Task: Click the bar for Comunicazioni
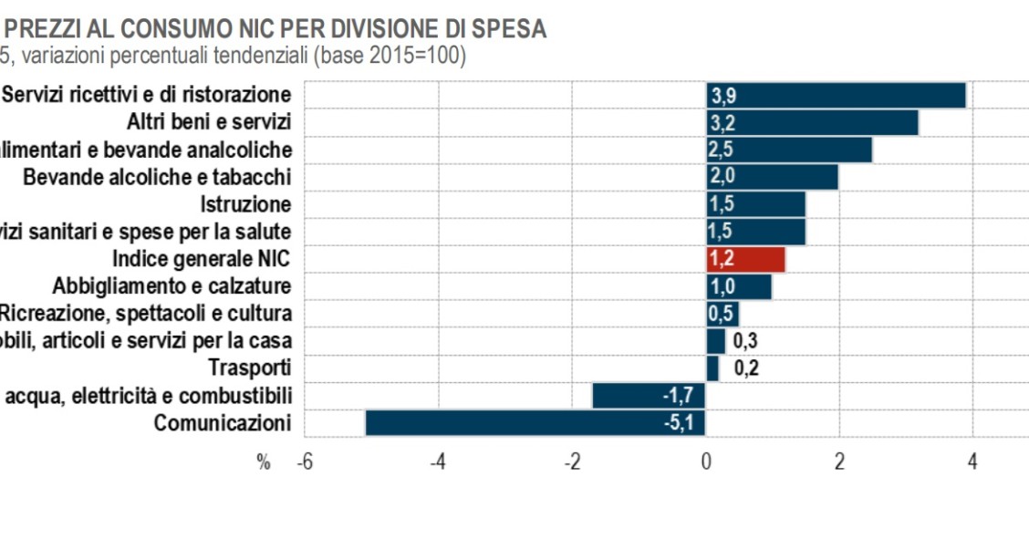click(535, 423)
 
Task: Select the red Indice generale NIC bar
click(745, 259)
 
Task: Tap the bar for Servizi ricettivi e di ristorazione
click(836, 95)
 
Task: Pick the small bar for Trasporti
click(712, 368)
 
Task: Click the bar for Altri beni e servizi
click(812, 122)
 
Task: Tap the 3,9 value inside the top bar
click(722, 95)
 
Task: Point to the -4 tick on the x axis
click(438, 461)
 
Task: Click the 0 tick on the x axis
click(706, 461)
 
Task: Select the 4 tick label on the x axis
click(972, 461)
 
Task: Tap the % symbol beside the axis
click(264, 462)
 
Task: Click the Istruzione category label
click(246, 204)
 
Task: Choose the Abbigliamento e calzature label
click(172, 286)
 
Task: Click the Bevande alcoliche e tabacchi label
click(157, 177)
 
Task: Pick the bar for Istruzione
click(755, 204)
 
